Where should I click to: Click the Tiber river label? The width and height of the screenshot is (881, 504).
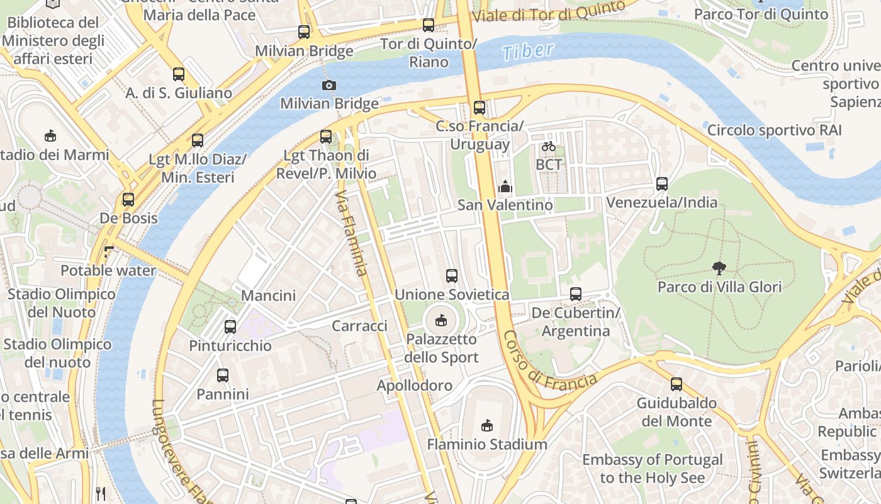[x=529, y=51]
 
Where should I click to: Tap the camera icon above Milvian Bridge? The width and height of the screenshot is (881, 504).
[x=328, y=85]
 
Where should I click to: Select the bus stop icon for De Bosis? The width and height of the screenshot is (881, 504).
[x=128, y=200]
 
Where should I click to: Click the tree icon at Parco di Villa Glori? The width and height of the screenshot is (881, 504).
[x=719, y=268]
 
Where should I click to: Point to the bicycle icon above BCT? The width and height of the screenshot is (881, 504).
[x=549, y=146]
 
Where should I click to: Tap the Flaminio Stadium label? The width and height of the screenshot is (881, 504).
[x=487, y=444]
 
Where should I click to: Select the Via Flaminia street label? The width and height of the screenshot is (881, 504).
[x=352, y=234]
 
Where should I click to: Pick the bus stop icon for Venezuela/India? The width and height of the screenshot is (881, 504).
[x=661, y=184]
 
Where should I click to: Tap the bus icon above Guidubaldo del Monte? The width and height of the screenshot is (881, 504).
[x=676, y=384]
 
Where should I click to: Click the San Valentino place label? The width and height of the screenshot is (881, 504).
[x=505, y=205]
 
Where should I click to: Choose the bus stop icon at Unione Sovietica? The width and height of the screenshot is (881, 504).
[x=451, y=275]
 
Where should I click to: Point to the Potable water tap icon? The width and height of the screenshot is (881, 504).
[x=109, y=252]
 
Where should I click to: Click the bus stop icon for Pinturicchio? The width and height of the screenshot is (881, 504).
[x=230, y=327]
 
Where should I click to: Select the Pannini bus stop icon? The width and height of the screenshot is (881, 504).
[x=222, y=375]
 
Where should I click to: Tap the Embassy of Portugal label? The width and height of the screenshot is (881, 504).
[x=652, y=469]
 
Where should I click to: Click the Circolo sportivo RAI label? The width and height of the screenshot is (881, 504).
[x=774, y=130]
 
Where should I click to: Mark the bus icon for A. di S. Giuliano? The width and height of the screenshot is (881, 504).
[x=179, y=74]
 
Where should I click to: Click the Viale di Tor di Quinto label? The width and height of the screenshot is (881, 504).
[x=547, y=12]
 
